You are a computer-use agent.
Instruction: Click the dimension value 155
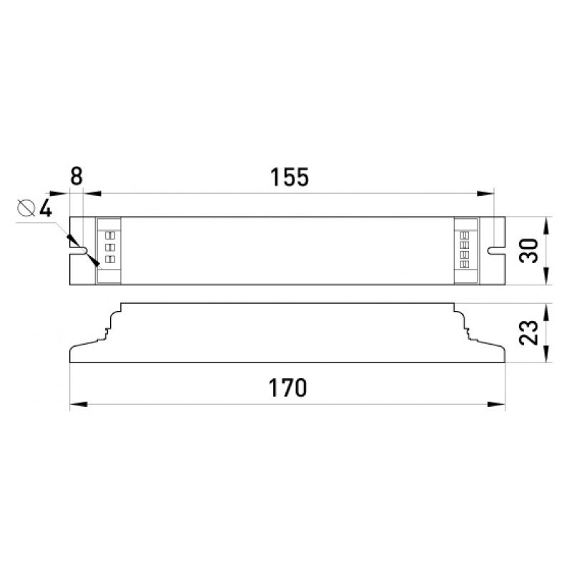click(x=290, y=177)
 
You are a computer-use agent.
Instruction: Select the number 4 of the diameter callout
click(x=45, y=209)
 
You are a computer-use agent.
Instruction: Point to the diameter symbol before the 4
click(x=27, y=209)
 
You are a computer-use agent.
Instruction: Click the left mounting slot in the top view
click(x=80, y=250)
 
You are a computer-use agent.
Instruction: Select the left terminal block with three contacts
click(x=110, y=250)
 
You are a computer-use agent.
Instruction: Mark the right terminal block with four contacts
click(x=465, y=250)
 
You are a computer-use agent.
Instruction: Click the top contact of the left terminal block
click(x=110, y=235)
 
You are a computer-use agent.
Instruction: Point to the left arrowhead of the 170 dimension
click(x=77, y=405)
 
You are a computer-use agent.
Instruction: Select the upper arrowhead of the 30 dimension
click(x=546, y=223)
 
